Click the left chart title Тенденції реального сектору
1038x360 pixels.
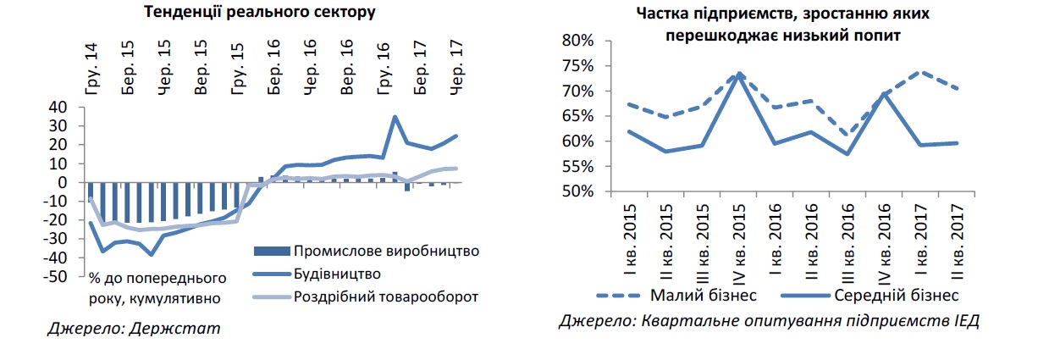click(x=259, y=12)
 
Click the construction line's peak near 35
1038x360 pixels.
click(x=395, y=117)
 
